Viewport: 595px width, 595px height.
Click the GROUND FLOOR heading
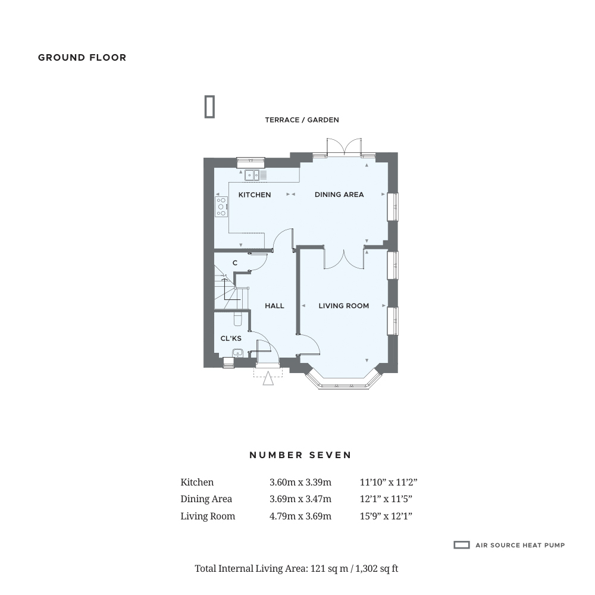pyautogui.click(x=82, y=58)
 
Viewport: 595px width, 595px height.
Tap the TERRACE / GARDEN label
pyautogui.click(x=302, y=120)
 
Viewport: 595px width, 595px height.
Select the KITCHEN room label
pyautogui.click(x=255, y=195)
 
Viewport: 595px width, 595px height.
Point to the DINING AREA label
pyautogui.click(x=339, y=195)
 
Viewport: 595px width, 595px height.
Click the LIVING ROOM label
pyautogui.click(x=344, y=306)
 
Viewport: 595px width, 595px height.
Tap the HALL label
pyautogui.click(x=274, y=306)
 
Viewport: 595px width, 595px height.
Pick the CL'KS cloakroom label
pyautogui.click(x=231, y=339)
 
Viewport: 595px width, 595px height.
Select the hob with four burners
pyautogui.click(x=221, y=207)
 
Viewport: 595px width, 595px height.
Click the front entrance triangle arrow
pyautogui.click(x=268, y=378)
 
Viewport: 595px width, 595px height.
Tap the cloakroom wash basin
pyautogui.click(x=237, y=353)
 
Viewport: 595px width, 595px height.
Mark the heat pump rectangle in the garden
pyautogui.click(x=210, y=107)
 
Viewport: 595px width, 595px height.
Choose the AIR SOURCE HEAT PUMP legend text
pyautogui.click(x=520, y=545)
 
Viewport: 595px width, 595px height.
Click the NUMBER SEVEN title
pyautogui.click(x=300, y=455)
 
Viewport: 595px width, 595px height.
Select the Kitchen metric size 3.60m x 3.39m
pyautogui.click(x=300, y=483)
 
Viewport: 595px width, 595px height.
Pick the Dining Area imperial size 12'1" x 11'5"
pyautogui.click(x=386, y=499)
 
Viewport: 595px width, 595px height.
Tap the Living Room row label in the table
pyautogui.click(x=208, y=516)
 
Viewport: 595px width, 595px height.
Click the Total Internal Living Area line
pyautogui.click(x=296, y=568)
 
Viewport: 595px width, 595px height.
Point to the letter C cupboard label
pyautogui.click(x=235, y=263)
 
